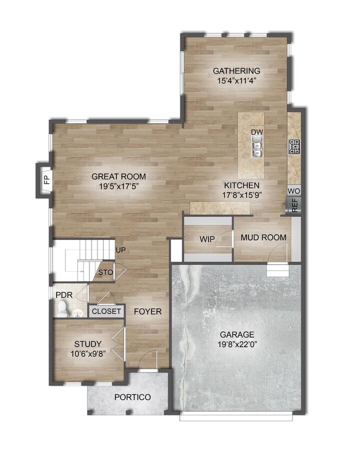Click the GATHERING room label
pyautogui.click(x=236, y=71)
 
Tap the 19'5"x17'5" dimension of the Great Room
pyautogui.click(x=118, y=186)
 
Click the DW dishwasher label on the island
pyautogui.click(x=257, y=132)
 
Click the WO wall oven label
pyautogui.click(x=294, y=191)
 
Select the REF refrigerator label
pyautogui.click(x=294, y=205)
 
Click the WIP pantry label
pyautogui.click(x=207, y=240)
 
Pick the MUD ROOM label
pyautogui.click(x=263, y=237)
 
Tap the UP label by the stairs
pyautogui.click(x=120, y=250)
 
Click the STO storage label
pyautogui.click(x=105, y=273)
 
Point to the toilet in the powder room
pyautogui.click(x=62, y=307)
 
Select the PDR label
pyautogui.click(x=64, y=295)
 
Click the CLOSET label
pyautogui.click(x=106, y=311)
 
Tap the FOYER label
pyautogui.click(x=147, y=311)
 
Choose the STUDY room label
pyautogui.click(x=88, y=344)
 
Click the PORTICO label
pyautogui.click(x=132, y=397)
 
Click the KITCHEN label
pyautogui.click(x=241, y=185)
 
